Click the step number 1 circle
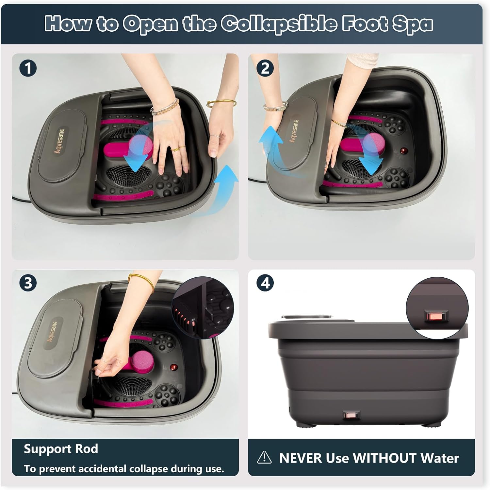28,68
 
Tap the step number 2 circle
265,68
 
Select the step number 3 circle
28,283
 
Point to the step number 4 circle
265,283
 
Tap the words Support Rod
61,449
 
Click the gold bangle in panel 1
221,103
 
